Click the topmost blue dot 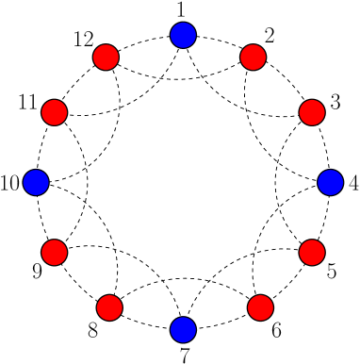(183, 35)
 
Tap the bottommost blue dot (183, 330)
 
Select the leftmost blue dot (36, 182)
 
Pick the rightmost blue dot (330, 182)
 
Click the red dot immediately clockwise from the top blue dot (253, 58)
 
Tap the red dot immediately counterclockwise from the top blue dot (106, 58)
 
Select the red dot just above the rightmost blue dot (312, 112)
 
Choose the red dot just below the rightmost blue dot (312, 252)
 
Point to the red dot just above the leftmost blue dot (55, 112)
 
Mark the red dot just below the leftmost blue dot (55, 252)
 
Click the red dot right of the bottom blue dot (260, 307)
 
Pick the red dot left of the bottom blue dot (109, 307)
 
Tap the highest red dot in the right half (253, 58)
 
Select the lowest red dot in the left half (109, 307)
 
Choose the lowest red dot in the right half (260, 307)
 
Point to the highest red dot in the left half (106, 58)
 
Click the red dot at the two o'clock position (312, 112)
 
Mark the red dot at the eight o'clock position (55, 252)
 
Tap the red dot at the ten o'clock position (55, 112)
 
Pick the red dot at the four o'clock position (312, 252)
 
